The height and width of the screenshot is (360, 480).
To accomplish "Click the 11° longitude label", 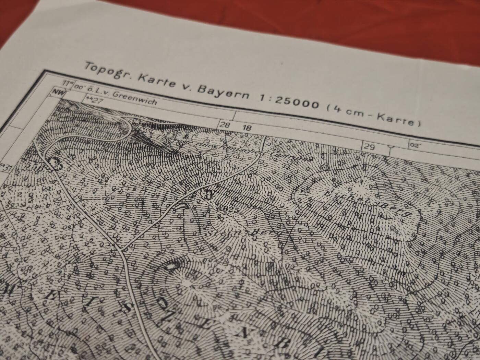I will [x=68, y=84].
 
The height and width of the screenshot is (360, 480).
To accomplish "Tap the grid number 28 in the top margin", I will [x=225, y=125].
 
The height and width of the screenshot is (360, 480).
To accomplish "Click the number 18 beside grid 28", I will [x=247, y=128].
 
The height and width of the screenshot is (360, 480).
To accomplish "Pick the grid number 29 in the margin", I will [x=369, y=147].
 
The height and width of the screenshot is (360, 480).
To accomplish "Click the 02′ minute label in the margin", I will [x=414, y=145].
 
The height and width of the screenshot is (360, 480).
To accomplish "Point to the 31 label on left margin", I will [x=6, y=168].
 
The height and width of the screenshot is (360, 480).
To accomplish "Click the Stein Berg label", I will [x=244, y=231].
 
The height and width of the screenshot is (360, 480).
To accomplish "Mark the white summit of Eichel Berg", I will [x=363, y=187].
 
